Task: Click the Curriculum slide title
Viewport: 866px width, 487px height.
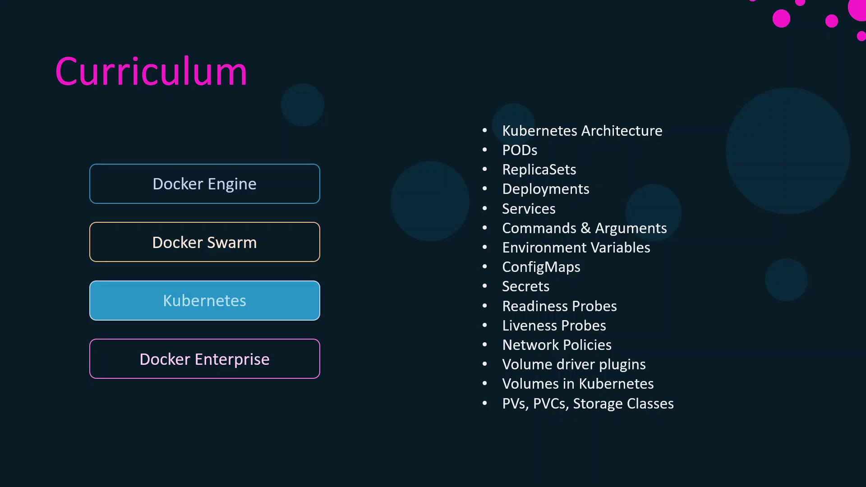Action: [152, 71]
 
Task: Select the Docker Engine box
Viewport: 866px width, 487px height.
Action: [205, 184]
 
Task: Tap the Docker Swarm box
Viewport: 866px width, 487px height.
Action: [205, 242]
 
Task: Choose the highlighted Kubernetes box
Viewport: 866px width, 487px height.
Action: [205, 300]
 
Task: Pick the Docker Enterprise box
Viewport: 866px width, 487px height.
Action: [205, 359]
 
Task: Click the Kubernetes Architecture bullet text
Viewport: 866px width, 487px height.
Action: [582, 131]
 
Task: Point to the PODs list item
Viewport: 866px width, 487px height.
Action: [520, 150]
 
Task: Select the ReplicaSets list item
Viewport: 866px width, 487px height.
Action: [539, 170]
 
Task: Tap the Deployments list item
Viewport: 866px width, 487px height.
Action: [546, 189]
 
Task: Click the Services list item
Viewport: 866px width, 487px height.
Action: [529, 209]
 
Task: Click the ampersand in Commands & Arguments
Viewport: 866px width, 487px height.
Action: [585, 228]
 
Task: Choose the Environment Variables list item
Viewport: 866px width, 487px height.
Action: [576, 248]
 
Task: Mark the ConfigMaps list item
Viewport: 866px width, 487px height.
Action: [541, 267]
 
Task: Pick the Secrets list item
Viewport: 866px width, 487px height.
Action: [526, 286]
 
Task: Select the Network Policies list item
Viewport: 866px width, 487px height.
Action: [557, 345]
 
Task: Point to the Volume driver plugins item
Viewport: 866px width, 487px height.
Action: [574, 364]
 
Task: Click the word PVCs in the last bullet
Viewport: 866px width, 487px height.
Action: [551, 404]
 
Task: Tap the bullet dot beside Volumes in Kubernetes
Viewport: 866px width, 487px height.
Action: [485, 384]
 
